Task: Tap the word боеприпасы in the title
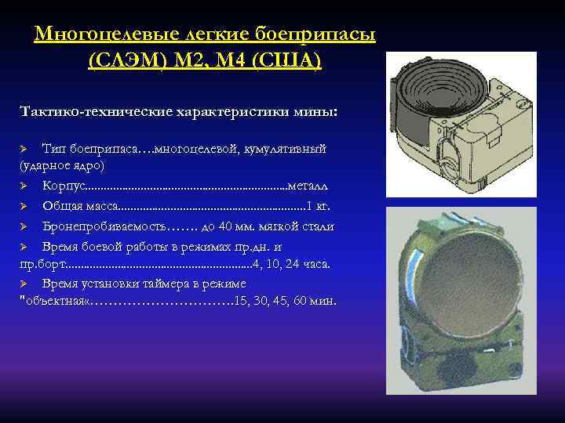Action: (315, 34)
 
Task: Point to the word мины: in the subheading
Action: (317, 112)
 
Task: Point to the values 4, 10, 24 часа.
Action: (293, 265)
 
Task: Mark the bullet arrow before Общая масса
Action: (25, 207)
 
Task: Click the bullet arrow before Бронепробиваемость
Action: (25, 227)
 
